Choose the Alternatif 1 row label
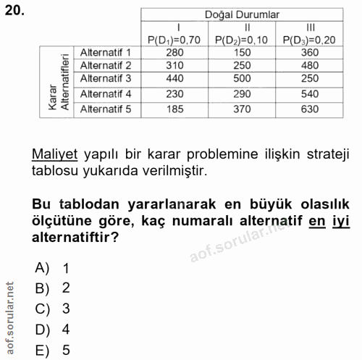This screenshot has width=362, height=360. [x=106, y=52]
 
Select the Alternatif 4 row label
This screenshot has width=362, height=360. [x=106, y=93]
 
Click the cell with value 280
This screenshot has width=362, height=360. [x=173, y=52]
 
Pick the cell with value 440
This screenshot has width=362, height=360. [x=173, y=78]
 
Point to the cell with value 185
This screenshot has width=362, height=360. [x=173, y=109]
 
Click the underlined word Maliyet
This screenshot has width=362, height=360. [x=52, y=154]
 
